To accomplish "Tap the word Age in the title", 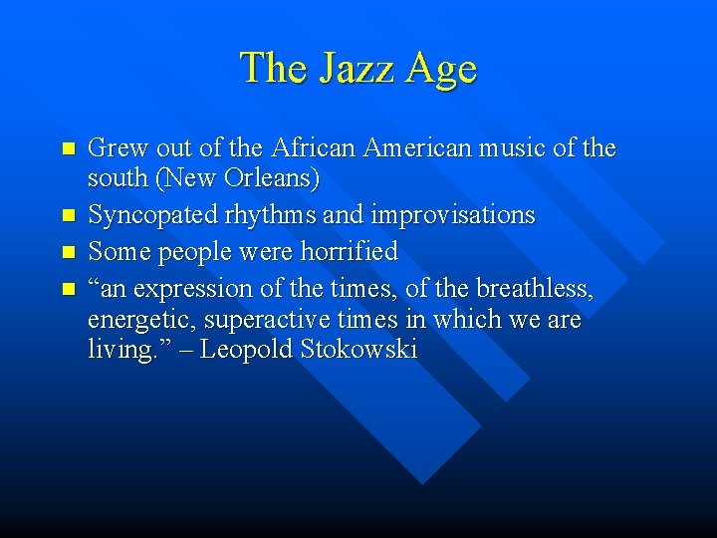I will [442, 70].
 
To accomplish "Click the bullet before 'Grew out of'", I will [68, 148].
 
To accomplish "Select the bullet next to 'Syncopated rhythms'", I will [68, 215].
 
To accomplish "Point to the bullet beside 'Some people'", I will [68, 252].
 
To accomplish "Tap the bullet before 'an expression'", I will [68, 289].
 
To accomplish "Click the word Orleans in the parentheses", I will [272, 180].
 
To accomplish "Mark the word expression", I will [198, 289].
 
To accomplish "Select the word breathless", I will [535, 289].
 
